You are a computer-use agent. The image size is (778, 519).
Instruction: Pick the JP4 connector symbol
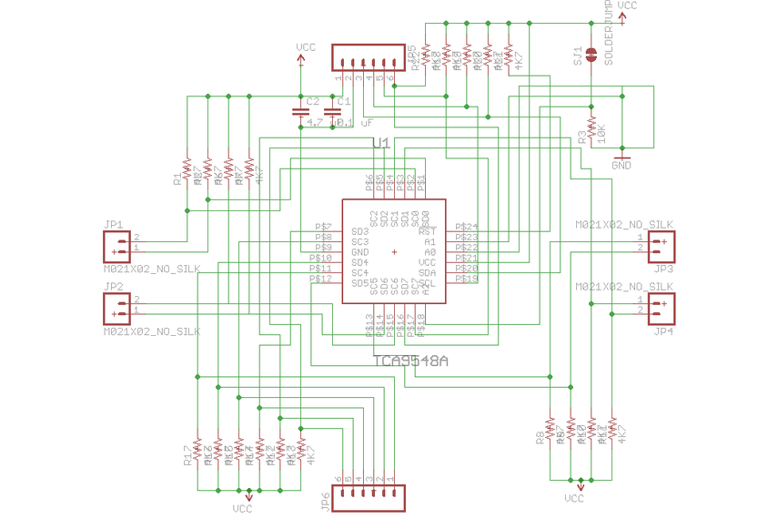click(662, 308)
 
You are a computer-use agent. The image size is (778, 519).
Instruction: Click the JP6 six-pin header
click(366, 497)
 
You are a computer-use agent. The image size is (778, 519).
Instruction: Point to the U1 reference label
click(381, 144)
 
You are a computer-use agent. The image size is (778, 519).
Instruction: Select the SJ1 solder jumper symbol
click(591, 56)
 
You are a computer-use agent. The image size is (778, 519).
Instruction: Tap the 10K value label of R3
click(601, 134)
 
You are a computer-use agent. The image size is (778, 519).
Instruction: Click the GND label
click(622, 166)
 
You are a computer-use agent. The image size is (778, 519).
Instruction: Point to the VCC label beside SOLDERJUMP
click(627, 5)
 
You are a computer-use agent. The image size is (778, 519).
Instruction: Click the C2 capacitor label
click(312, 100)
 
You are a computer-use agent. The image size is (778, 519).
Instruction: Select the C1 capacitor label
click(343, 100)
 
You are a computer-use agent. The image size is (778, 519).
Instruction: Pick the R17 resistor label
click(187, 454)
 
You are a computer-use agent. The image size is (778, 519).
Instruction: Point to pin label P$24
click(466, 227)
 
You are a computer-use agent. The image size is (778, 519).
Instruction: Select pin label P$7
click(323, 227)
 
